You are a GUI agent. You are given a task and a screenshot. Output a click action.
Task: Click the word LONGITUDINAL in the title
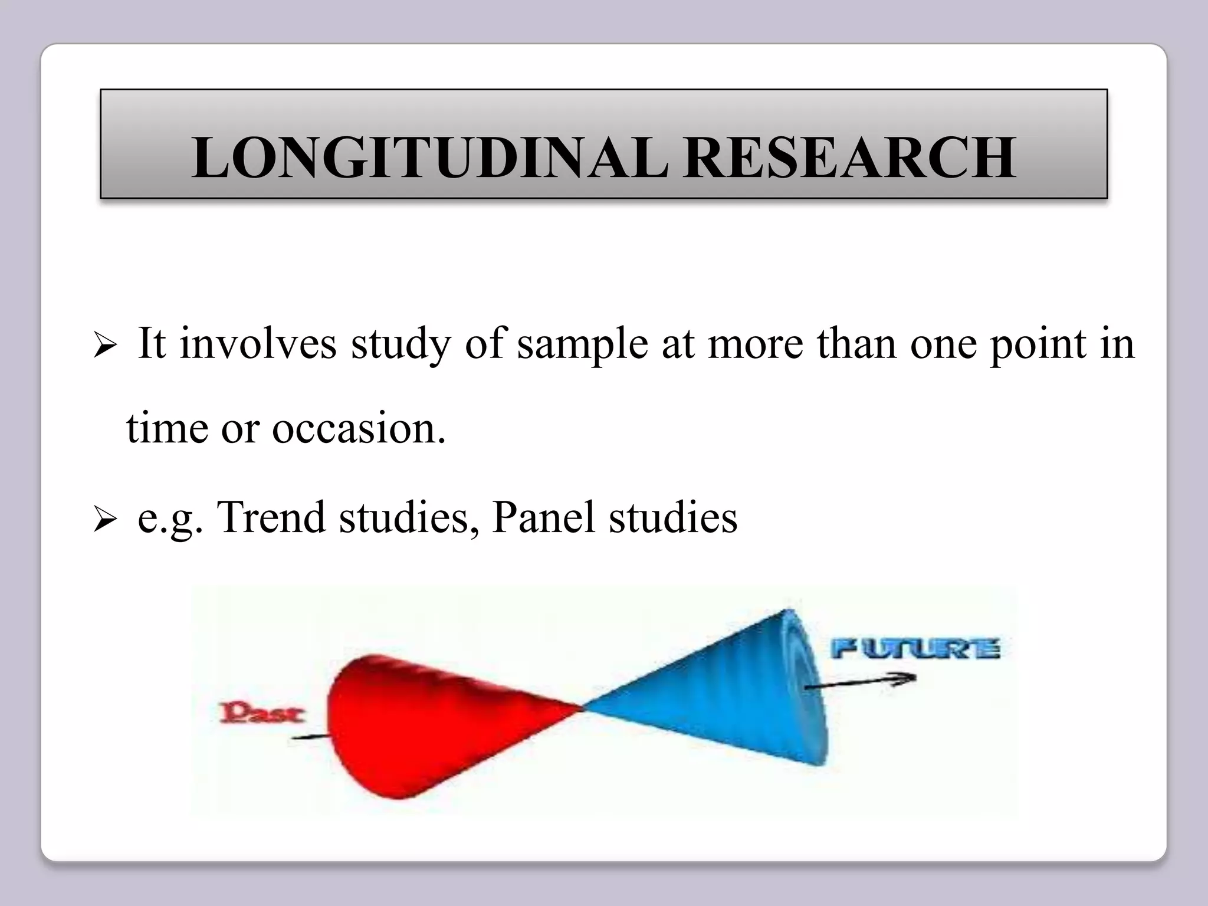(431, 157)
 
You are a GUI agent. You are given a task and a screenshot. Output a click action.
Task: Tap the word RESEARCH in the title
(850, 157)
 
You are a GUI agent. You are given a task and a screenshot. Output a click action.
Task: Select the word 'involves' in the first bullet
(258, 343)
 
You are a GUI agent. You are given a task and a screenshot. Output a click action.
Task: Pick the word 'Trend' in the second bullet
(271, 517)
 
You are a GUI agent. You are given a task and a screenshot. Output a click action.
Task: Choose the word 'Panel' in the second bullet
(543, 517)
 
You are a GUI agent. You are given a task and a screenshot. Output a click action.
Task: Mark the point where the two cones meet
(583, 707)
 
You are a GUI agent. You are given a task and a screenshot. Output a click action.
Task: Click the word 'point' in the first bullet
(1038, 344)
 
